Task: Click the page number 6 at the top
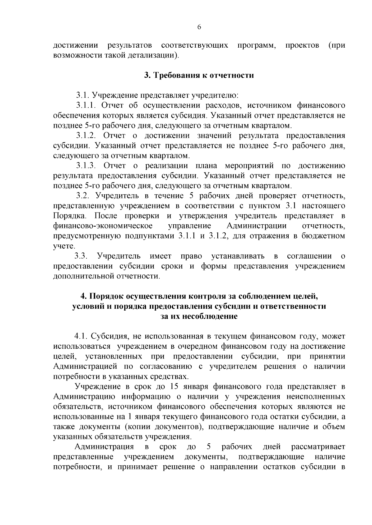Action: pos(199,27)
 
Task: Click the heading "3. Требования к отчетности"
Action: pos(199,75)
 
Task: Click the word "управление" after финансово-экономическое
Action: pos(189,226)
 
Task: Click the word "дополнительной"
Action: pos(84,276)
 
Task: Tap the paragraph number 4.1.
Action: pos(81,336)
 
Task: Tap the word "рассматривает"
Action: pos(318,447)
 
